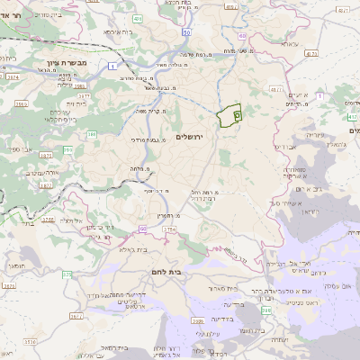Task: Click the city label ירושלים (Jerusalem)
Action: [190, 136]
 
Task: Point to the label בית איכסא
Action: [118, 31]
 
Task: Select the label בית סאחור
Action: [243, 289]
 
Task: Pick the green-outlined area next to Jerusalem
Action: [229, 116]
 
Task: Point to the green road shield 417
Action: [354, 114]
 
